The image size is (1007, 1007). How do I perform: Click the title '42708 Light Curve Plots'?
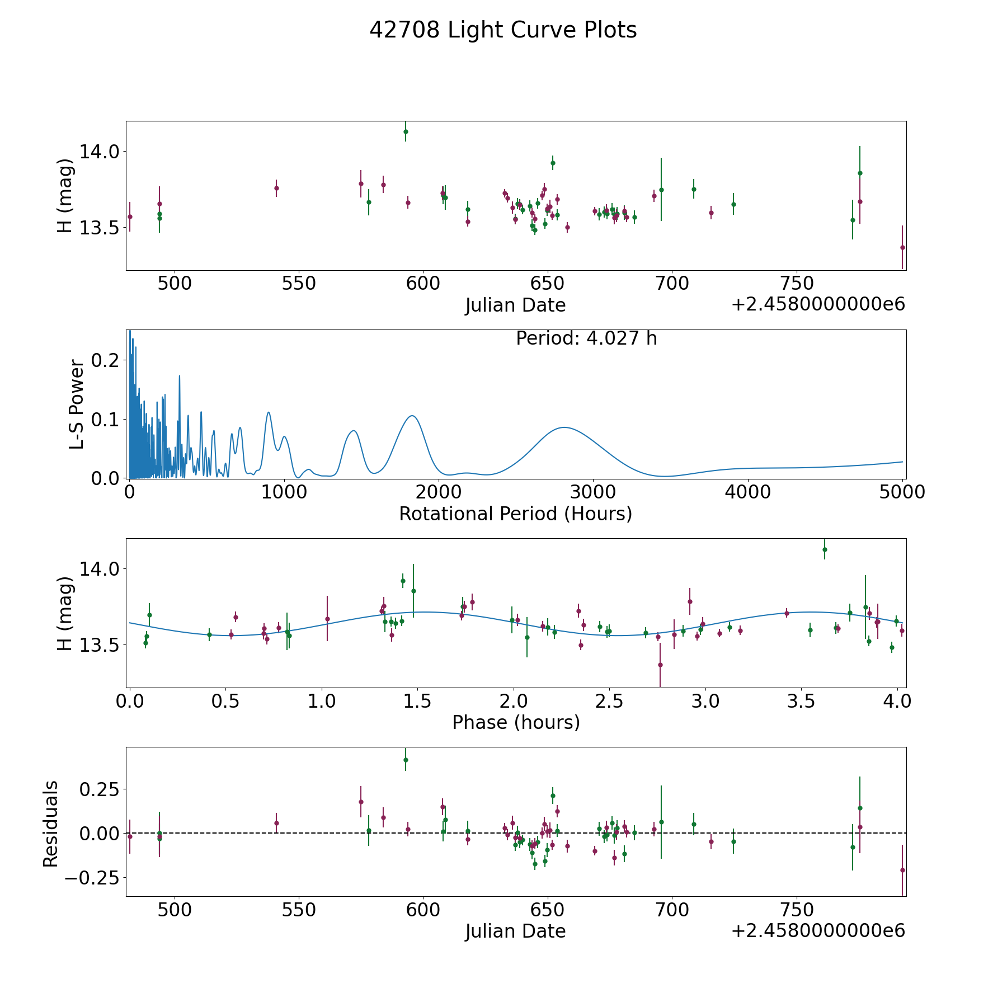point(503,30)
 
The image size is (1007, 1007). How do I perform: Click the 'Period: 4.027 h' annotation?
point(586,338)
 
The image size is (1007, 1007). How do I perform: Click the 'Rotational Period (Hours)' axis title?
point(515,514)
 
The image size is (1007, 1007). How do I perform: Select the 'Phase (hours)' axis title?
point(516,722)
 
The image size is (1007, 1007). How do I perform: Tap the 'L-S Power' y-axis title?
point(77,404)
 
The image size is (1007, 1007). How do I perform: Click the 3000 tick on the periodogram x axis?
point(593,492)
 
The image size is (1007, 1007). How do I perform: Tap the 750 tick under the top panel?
point(796,283)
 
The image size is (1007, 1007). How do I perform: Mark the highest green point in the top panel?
point(406,131)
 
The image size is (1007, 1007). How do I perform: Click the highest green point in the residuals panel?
point(406,760)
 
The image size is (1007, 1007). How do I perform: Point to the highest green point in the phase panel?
point(825,549)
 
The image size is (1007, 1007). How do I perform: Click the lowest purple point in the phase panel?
point(660,665)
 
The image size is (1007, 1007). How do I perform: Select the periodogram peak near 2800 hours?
point(564,427)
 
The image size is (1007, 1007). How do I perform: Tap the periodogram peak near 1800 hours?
point(412,416)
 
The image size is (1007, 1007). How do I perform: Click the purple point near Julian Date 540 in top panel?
point(276,188)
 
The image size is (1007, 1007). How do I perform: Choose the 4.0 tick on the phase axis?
point(897,701)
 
